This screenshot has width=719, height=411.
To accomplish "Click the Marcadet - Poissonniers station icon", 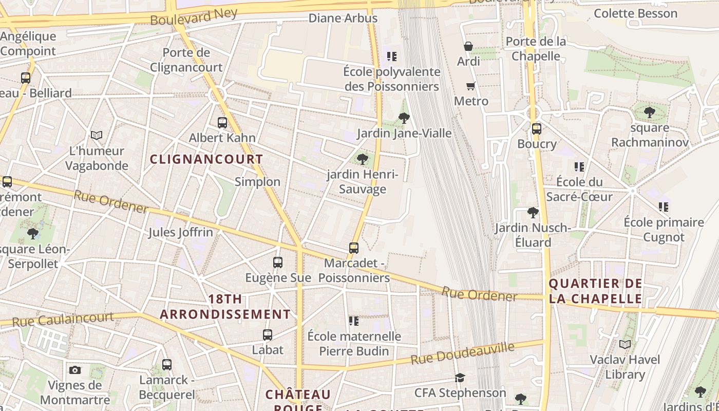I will (x=353, y=248).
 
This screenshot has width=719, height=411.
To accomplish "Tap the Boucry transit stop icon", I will (x=536, y=129).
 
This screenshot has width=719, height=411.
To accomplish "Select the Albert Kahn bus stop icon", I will (x=222, y=123).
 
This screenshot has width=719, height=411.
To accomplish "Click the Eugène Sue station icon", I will (x=277, y=263).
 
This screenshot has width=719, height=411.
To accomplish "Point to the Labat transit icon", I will (x=267, y=335).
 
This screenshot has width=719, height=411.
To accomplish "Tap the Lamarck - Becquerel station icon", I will (x=166, y=365).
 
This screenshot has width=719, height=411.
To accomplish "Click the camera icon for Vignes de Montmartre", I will (x=75, y=370).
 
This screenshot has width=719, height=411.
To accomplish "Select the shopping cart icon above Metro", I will (x=470, y=86).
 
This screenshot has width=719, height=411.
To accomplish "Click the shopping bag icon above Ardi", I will (x=468, y=46).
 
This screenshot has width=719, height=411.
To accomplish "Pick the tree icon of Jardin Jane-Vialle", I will (x=404, y=118).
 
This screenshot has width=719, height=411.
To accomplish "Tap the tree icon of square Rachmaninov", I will (x=649, y=111).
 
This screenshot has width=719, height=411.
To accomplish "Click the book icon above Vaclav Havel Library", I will (x=625, y=344).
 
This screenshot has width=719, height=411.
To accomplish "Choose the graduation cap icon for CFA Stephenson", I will (x=460, y=378).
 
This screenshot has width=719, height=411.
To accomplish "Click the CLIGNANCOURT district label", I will (x=206, y=159).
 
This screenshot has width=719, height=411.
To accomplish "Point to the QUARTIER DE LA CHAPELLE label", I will (x=595, y=291).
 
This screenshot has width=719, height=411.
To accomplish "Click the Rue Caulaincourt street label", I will (x=63, y=319).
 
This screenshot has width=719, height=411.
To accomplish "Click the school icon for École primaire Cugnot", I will (x=663, y=207).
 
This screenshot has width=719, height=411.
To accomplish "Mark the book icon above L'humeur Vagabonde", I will (x=97, y=135).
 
